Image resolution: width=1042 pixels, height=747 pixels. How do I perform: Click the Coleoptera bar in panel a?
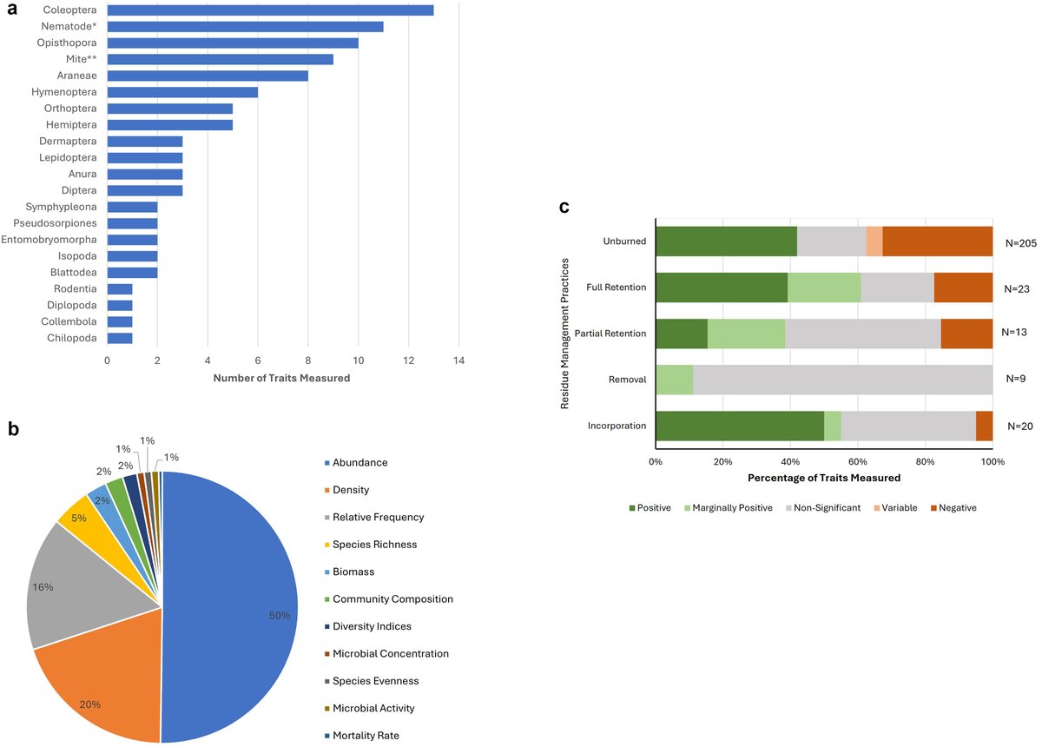pyautogui.click(x=270, y=10)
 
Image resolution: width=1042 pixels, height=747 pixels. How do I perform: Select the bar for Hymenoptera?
pyautogui.click(x=182, y=92)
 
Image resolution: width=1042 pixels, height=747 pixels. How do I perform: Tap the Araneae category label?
pyautogui.click(x=77, y=76)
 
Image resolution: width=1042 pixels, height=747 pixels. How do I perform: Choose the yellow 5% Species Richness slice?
pyautogui.click(x=80, y=519)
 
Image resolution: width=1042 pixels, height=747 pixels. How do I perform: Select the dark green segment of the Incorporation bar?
pyautogui.click(x=739, y=426)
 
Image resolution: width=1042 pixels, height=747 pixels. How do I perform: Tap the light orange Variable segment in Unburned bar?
pyautogui.click(x=874, y=241)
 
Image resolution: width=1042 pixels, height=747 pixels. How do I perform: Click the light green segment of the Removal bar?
pyautogui.click(x=674, y=380)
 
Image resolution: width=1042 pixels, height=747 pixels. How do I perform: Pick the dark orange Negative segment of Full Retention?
pyautogui.click(x=963, y=287)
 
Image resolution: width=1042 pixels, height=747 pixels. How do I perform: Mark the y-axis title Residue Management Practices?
pyautogui.click(x=564, y=333)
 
